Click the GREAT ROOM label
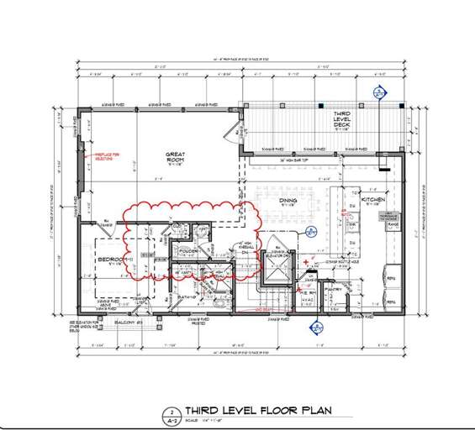(x=175, y=155)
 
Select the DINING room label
(x=289, y=200)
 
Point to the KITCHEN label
(x=373, y=200)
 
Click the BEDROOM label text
(x=112, y=260)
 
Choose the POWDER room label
(x=188, y=251)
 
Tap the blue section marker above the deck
(x=379, y=94)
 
